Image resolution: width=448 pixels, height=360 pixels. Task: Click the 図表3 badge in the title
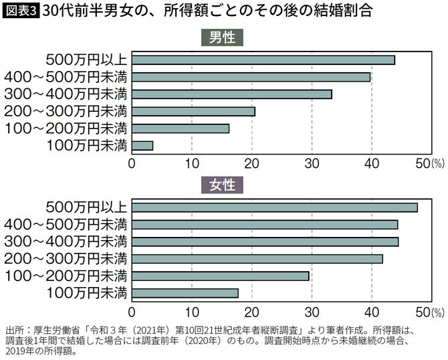coord(20,12)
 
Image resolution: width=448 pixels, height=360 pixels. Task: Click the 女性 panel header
coord(222,184)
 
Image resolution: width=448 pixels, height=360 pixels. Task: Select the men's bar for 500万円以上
coord(263,60)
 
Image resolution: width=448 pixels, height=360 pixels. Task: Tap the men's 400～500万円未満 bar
coord(251,77)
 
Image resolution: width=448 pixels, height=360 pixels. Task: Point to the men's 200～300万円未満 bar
coord(194,111)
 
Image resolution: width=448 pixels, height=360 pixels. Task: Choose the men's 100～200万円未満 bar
coord(181,128)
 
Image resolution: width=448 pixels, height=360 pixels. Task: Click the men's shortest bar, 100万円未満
coord(142,145)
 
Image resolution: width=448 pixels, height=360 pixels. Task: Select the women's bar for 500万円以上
coord(275,207)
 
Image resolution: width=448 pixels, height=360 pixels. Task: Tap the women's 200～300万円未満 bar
coord(257,258)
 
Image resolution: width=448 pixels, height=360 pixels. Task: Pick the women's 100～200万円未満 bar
coord(221,276)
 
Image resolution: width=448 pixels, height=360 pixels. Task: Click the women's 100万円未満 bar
coord(185,292)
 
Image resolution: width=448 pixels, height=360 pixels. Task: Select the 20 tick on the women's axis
coord(252,311)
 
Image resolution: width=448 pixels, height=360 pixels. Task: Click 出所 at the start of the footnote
coord(15,331)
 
